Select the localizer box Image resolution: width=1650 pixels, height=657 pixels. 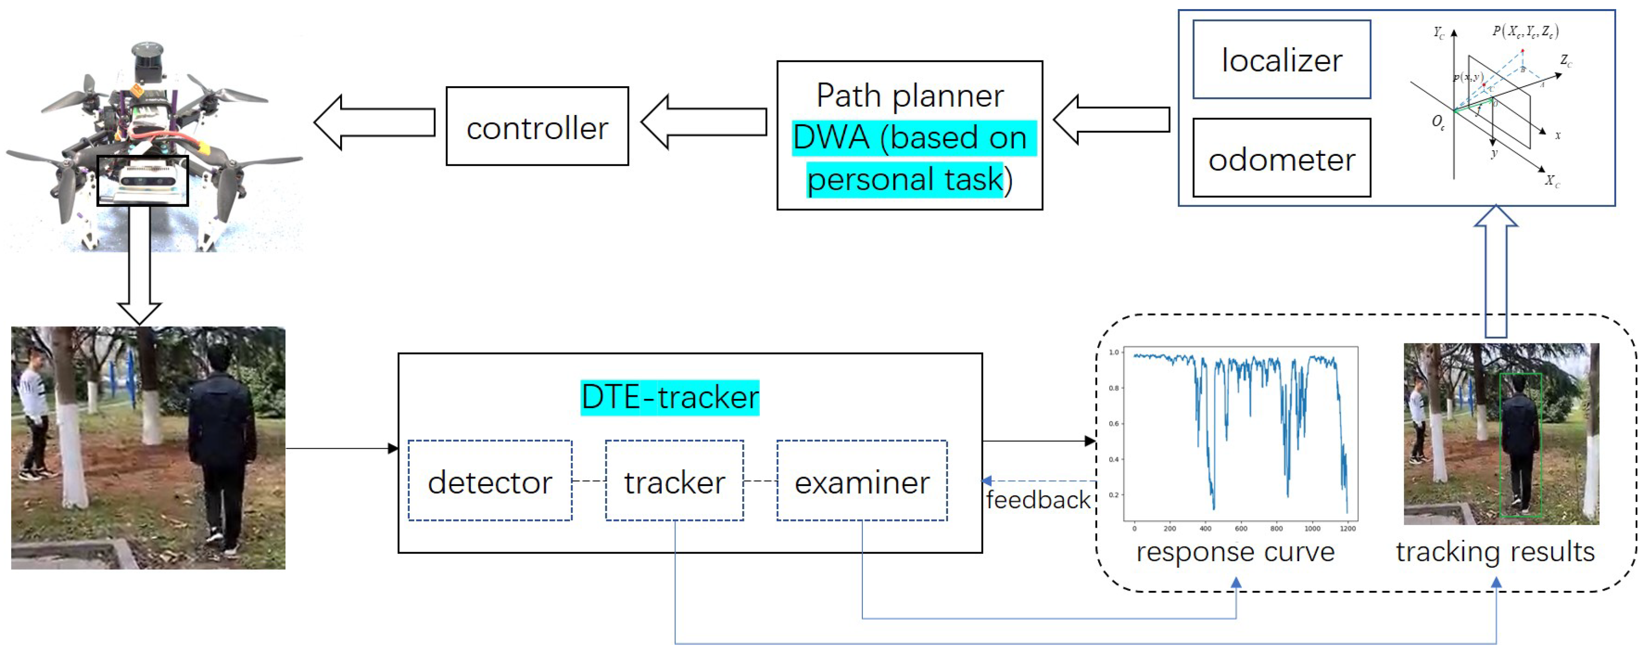pyautogui.click(x=1281, y=59)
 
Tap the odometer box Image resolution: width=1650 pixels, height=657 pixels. pyautogui.click(x=1281, y=158)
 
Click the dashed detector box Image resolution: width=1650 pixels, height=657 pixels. pyautogui.click(x=490, y=481)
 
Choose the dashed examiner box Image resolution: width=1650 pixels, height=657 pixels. pyautogui.click(x=861, y=481)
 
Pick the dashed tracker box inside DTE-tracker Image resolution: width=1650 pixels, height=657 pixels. pyautogui.click(x=674, y=481)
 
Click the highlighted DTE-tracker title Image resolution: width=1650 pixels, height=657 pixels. pyautogui.click(x=669, y=397)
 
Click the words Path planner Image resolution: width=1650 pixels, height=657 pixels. pyautogui.click(x=910, y=96)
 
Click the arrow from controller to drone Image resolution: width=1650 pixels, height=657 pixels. pyautogui.click(x=375, y=123)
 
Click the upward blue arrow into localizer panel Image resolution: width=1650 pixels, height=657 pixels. pyautogui.click(x=1496, y=269)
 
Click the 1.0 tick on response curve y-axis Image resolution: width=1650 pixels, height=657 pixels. pyautogui.click(x=1114, y=352)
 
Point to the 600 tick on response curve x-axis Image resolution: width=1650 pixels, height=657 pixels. pyautogui.click(x=1241, y=529)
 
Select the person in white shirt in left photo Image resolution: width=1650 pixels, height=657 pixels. pyautogui.click(x=32, y=416)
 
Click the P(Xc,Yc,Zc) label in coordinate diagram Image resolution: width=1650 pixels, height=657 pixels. pyautogui.click(x=1525, y=31)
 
